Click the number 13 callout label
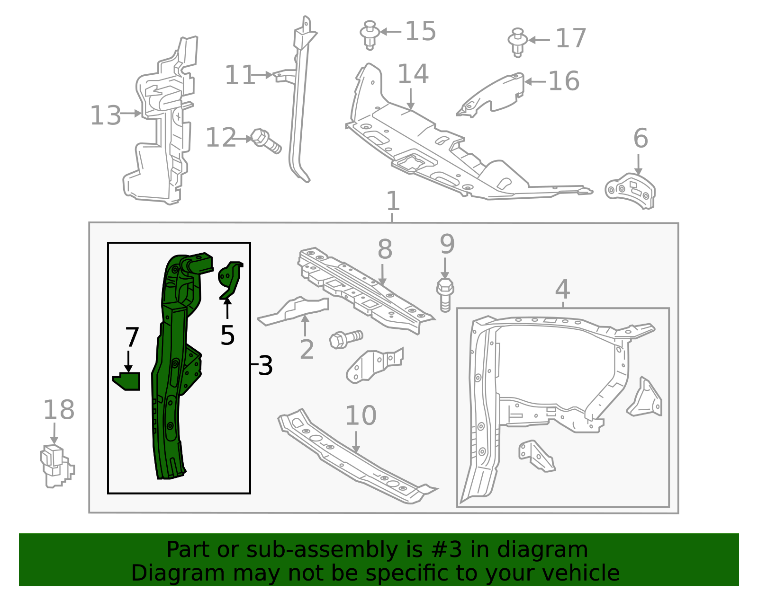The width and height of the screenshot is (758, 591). (105, 115)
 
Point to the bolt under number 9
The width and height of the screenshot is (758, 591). (444, 294)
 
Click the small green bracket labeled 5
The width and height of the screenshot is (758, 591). (231, 279)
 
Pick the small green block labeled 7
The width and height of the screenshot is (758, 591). (127, 381)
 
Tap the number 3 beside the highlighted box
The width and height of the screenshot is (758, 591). (265, 366)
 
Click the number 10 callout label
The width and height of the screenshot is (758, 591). (361, 415)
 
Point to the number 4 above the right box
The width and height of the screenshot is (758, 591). (562, 289)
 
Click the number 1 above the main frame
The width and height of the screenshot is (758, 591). (393, 201)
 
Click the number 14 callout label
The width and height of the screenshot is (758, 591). (413, 74)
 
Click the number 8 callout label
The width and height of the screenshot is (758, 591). (385, 249)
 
